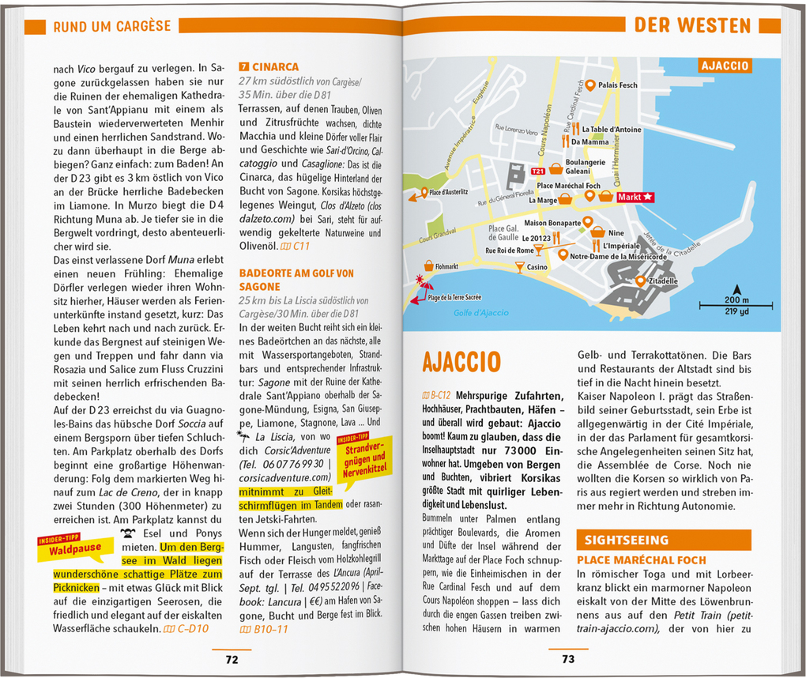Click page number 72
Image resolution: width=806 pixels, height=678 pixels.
[x=232, y=659]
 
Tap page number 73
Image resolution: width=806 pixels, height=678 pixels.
[x=568, y=659]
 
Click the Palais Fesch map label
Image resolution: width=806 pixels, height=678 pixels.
[x=617, y=85]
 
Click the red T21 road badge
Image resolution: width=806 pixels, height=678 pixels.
[x=537, y=171]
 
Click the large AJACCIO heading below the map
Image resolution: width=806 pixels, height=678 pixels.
[x=461, y=362]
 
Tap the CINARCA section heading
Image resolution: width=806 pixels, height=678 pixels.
[x=274, y=67]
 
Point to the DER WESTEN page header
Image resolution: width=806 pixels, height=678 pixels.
[x=692, y=25]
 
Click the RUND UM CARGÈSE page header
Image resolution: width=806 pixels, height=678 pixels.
[x=111, y=26]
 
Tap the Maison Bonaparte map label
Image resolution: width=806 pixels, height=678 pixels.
[x=552, y=223]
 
